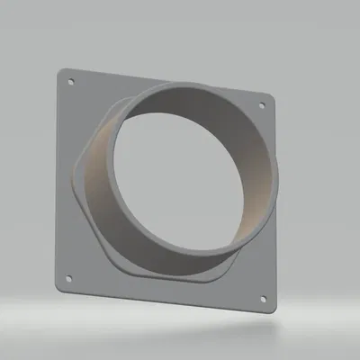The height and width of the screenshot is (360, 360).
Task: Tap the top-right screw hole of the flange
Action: click(x=262, y=105)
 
